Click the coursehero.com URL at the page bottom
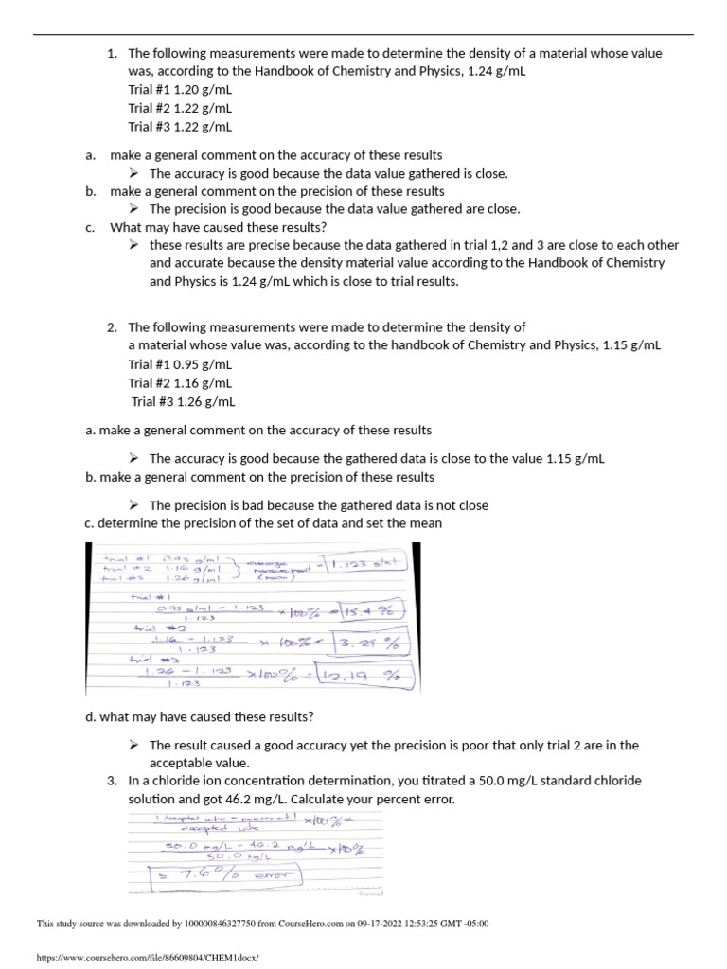click(x=147, y=958)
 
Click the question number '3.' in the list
click(x=112, y=781)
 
